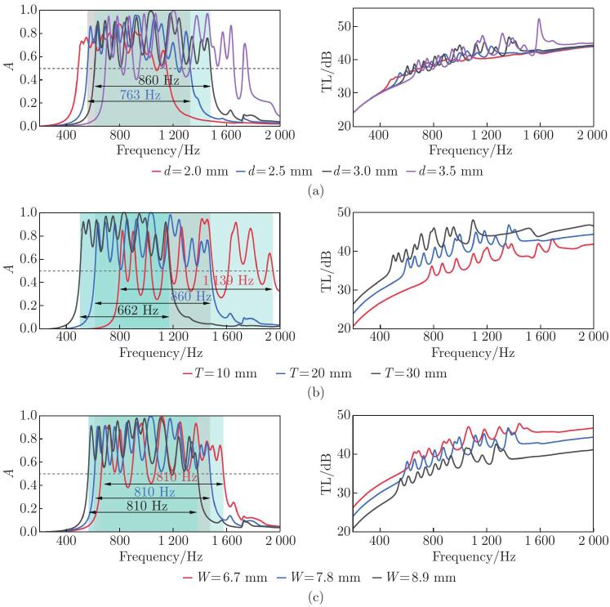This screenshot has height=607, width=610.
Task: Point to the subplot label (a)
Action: [305, 190]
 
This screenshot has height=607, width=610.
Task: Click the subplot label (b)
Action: [305, 392]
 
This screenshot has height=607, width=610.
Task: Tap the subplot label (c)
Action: [305, 596]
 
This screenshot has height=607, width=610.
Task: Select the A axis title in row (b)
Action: [11, 270]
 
